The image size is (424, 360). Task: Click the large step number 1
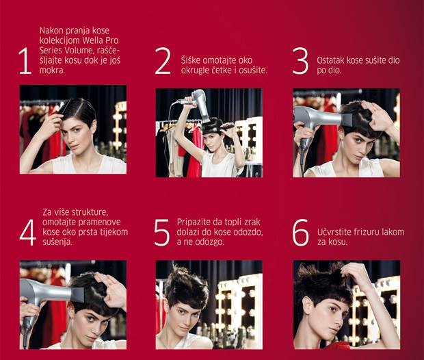[25, 61]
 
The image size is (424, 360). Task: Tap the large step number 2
[163, 61]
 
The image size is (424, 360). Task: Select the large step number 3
[300, 61]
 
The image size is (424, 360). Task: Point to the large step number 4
[27, 232]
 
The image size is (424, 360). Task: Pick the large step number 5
[161, 232]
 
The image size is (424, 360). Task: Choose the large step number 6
[300, 232]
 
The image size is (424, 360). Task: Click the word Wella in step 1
[93, 40]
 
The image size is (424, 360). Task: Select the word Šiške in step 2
[191, 60]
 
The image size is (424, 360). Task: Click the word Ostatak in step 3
[329, 60]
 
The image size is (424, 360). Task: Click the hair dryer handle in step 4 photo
[27, 329]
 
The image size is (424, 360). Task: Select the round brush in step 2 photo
[226, 127]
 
